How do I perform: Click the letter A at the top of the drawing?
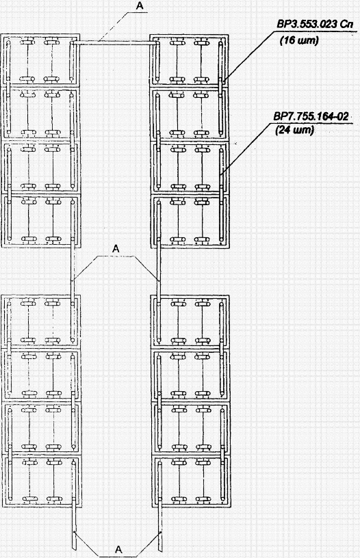[x=140, y=5]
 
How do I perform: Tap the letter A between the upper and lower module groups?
[x=116, y=249]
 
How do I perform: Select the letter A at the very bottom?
[x=118, y=549]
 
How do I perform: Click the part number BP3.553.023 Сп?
[x=315, y=25]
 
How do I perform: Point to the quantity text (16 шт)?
[x=299, y=40]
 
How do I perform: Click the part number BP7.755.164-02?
[x=311, y=116]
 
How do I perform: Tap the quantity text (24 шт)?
[x=294, y=130]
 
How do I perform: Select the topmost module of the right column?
[x=189, y=60]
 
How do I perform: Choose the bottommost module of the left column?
[x=41, y=481]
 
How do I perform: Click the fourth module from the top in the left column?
[x=40, y=221]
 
